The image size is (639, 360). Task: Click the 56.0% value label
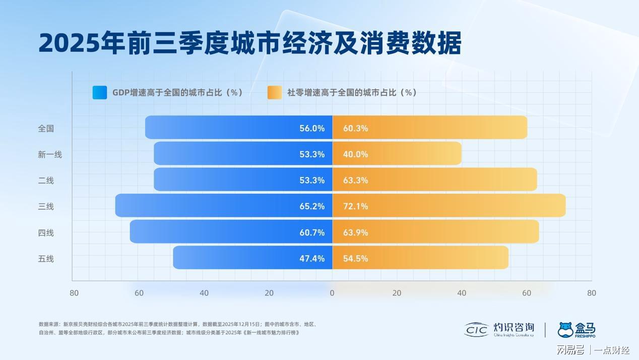click(312, 128)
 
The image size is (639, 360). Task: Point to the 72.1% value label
click(355, 206)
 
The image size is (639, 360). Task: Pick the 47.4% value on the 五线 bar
click(312, 259)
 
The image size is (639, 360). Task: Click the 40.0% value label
click(355, 154)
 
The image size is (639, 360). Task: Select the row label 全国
click(46, 128)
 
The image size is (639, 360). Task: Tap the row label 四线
click(46, 232)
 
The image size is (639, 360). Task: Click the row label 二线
click(46, 181)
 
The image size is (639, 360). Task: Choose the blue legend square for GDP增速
click(100, 92)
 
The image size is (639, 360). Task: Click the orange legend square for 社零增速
click(275, 92)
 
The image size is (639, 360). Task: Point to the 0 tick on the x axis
click(332, 293)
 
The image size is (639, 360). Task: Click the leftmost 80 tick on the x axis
click(74, 293)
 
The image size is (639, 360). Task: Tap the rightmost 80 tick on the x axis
click(592, 293)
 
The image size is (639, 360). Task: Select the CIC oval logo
click(476, 330)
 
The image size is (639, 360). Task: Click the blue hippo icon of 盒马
click(566, 330)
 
